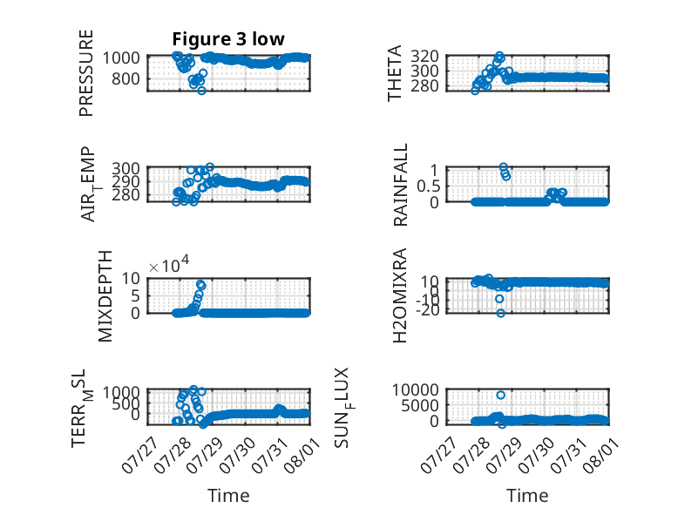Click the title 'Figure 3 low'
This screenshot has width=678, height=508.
pos(228,39)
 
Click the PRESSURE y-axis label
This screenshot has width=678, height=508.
pos(86,73)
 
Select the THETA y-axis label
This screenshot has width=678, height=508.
pos(395,73)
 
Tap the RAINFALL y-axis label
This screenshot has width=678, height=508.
pos(400,185)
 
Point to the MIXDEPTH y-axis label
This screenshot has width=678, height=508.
pos(105,296)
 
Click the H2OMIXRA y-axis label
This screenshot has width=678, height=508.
pos(400,295)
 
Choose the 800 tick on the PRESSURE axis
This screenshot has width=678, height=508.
pos(125,78)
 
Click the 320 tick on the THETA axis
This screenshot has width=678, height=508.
pos(424,57)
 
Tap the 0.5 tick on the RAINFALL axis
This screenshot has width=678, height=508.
pos(428,186)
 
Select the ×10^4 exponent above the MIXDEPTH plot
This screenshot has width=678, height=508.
pos(169,265)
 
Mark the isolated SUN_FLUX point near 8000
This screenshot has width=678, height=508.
pos(501,395)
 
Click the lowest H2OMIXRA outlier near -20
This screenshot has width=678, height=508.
pos(501,313)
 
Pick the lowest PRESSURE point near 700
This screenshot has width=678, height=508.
pos(201,91)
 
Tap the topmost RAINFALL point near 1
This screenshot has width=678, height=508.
pos(504,167)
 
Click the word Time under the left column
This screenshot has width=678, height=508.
pos(228,495)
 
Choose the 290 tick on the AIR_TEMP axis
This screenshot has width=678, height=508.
pos(125,181)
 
